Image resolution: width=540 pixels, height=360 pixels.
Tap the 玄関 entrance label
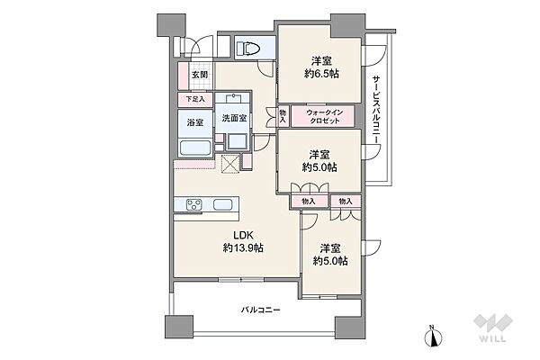pyautogui.click(x=200, y=75)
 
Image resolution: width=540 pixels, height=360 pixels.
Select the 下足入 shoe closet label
pyautogui.click(x=195, y=99)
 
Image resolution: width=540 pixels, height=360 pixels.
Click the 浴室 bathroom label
pyautogui.click(x=195, y=122)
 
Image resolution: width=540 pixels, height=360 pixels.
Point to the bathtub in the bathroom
pyautogui.click(x=195, y=148)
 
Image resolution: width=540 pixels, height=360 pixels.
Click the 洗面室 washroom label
pyautogui.click(x=234, y=118)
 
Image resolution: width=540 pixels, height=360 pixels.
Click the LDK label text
pyautogui.click(x=244, y=235)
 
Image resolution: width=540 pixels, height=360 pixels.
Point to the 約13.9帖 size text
pyautogui.click(x=243, y=247)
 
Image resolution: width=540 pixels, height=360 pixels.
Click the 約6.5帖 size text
pyautogui.click(x=321, y=74)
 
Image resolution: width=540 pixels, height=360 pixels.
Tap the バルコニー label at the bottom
pyautogui.click(x=260, y=310)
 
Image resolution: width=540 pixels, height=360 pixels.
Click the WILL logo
pyautogui.click(x=493, y=328)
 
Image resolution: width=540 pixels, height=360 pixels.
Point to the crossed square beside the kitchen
pyautogui.click(x=230, y=163)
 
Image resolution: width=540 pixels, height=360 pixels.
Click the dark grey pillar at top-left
pyautogui.click(x=172, y=24)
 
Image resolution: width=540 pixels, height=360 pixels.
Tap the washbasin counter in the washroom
pyautogui.click(x=233, y=98)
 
